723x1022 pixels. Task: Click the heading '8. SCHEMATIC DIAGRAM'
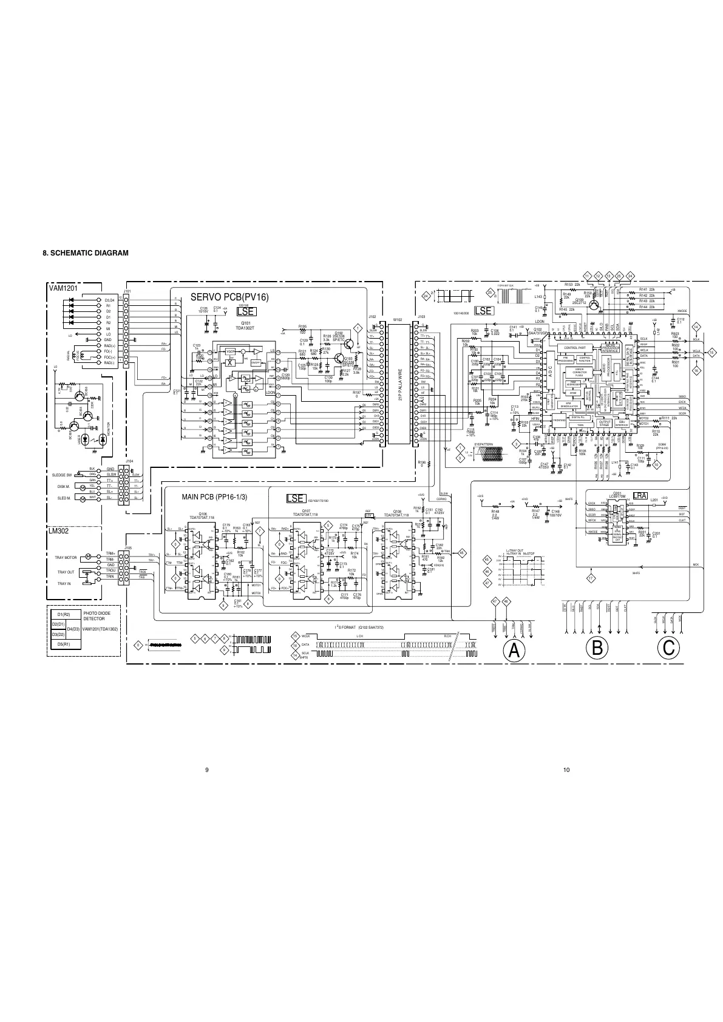[86, 253]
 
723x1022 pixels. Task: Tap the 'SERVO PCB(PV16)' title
[229, 297]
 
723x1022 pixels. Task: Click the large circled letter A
[514, 649]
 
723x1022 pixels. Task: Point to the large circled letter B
[598, 648]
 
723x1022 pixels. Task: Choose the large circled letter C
[668, 648]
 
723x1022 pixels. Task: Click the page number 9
[207, 770]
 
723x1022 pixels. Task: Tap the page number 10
[566, 770]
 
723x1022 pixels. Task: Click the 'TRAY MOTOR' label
[66, 557]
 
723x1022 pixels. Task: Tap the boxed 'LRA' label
[640, 496]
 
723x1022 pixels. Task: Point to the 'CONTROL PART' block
[574, 348]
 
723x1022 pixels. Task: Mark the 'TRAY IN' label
[64, 583]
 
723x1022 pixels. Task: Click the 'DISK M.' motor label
[64, 487]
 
